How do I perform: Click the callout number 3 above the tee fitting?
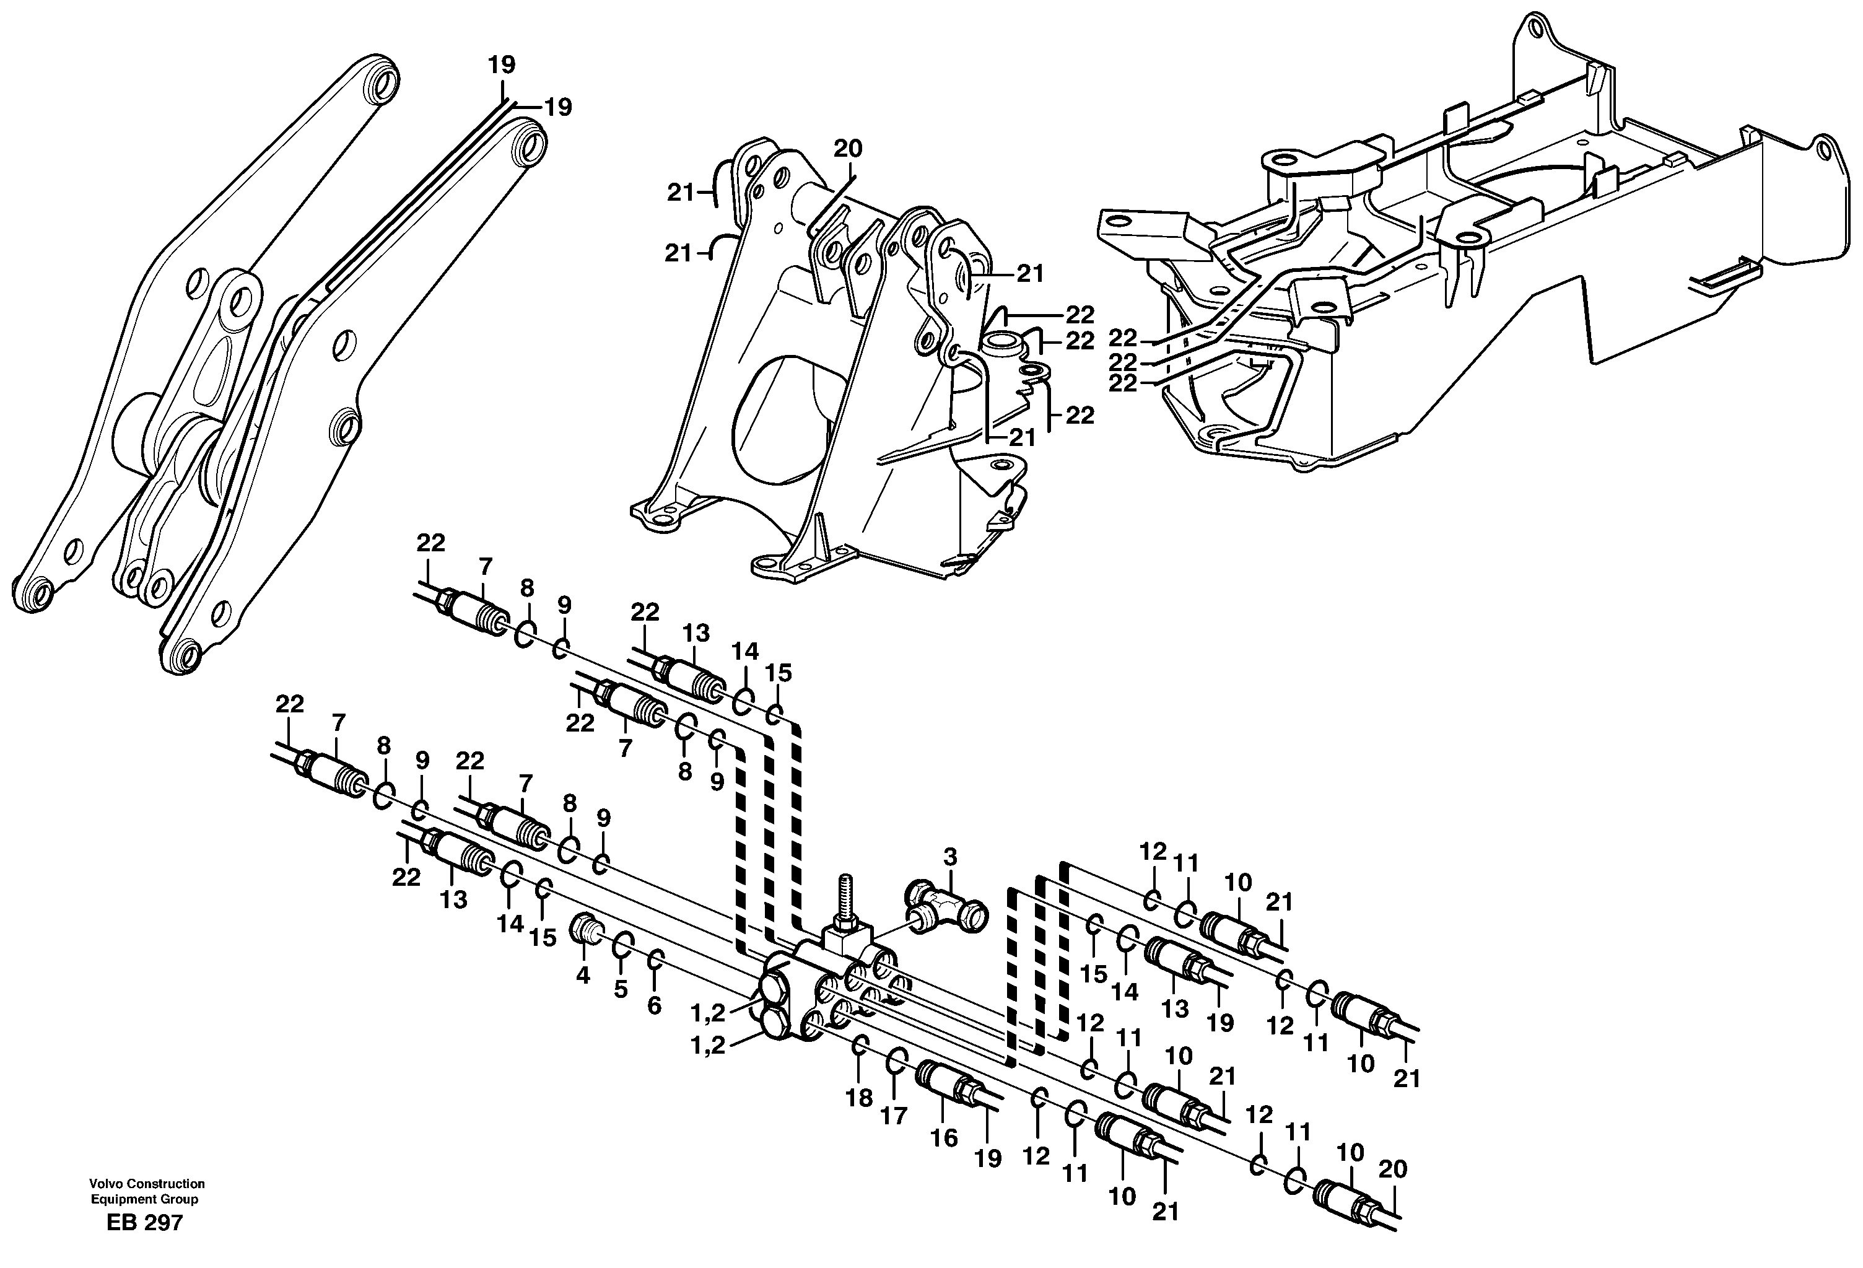(950, 857)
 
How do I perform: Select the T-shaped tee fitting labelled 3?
(946, 906)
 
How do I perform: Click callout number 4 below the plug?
(583, 976)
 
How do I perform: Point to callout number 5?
(621, 989)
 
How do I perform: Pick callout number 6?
(654, 1006)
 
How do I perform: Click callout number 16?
(945, 1137)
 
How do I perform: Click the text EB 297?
(144, 1223)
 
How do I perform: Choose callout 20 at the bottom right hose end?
(1392, 1170)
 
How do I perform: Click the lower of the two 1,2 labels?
(708, 1046)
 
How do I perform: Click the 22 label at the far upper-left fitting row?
(430, 543)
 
